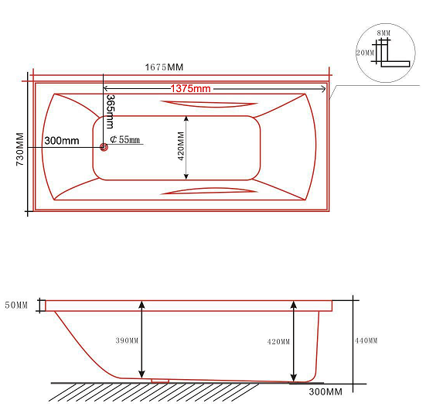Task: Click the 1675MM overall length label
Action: coord(165,67)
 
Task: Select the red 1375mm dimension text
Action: coord(190,89)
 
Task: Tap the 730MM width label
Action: coord(20,149)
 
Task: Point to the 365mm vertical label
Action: coord(111,111)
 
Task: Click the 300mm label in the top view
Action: coord(62,141)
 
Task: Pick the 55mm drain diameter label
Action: coord(125,139)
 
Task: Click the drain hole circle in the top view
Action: coord(104,147)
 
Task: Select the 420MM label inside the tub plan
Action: coord(181,146)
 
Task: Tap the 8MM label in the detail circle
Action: coord(383,33)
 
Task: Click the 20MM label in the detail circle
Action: coord(365,53)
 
